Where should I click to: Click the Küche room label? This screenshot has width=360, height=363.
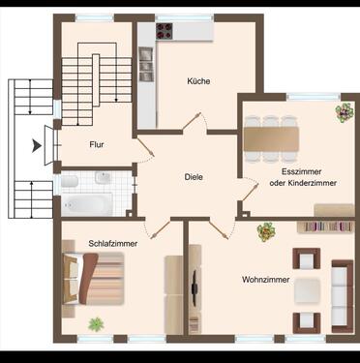[x=199, y=81]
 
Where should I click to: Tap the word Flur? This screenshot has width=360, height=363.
[x=97, y=144]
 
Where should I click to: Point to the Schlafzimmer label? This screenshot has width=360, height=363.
[x=112, y=243]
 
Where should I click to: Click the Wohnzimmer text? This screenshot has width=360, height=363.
[x=264, y=280]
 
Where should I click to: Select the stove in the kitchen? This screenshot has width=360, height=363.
[x=165, y=31]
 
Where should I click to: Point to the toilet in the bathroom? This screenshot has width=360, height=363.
[x=70, y=181]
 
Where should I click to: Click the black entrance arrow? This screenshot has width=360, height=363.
[x=38, y=146]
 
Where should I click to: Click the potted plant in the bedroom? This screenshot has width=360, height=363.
[x=96, y=324]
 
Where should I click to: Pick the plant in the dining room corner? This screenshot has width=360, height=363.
[x=344, y=112]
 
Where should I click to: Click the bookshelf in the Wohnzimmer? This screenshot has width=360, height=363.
[x=325, y=227]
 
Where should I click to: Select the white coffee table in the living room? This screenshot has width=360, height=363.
[x=308, y=288]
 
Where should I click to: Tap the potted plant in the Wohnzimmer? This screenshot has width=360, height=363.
[x=266, y=231]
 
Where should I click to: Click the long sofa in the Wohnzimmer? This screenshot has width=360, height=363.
[x=342, y=292]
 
